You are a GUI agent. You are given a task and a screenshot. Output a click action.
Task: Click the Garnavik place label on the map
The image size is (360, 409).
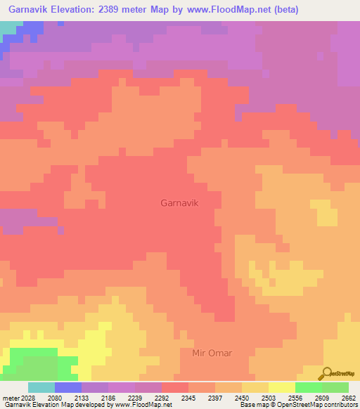pos(181,202)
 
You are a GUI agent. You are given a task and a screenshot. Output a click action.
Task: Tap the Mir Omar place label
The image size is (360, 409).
pos(212,352)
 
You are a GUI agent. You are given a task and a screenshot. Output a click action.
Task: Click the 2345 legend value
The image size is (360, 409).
pos(188,397)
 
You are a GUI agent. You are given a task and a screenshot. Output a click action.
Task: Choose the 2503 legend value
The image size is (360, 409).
pos(268,397)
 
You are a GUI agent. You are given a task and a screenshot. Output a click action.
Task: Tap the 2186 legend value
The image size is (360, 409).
pos(108,397)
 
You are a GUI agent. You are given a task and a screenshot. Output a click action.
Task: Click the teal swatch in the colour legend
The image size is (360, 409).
pos(41,387)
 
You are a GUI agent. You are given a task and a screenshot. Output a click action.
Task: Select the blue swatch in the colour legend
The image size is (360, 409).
pos(68,387)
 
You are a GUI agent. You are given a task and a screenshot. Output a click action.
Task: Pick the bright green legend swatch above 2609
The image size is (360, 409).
pos(309,387)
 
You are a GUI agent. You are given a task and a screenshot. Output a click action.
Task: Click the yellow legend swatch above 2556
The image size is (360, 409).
pos(282,387)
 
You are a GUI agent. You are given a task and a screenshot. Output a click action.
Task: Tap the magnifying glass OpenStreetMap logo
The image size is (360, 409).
pos(326,374)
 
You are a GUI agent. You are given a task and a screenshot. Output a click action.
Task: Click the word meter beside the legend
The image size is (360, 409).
pos(10,397)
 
